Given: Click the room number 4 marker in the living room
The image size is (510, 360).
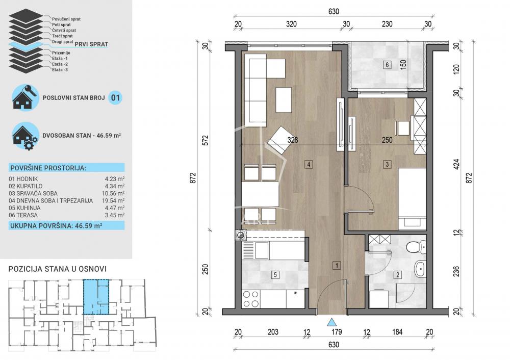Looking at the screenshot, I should pos(309,164).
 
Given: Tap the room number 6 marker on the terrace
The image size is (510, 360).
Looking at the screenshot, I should pos(387,65).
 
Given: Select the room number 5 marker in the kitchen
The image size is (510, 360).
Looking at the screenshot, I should pos(275,275).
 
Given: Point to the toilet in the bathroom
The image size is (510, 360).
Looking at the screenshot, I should pos(413,247).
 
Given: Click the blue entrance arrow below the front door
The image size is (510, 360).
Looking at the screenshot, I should pos(331,322).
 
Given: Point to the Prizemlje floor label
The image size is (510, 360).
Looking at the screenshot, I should pos(62,53).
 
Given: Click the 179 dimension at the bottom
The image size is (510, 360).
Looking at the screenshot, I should pos(336,332).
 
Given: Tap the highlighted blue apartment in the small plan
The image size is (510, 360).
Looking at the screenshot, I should pos(96,297).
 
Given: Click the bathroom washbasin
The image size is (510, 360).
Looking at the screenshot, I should pos(420,269).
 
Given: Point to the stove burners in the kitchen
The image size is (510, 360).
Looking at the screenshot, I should pos(250,299).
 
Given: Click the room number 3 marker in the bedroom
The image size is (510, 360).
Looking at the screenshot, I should pos(388,164).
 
